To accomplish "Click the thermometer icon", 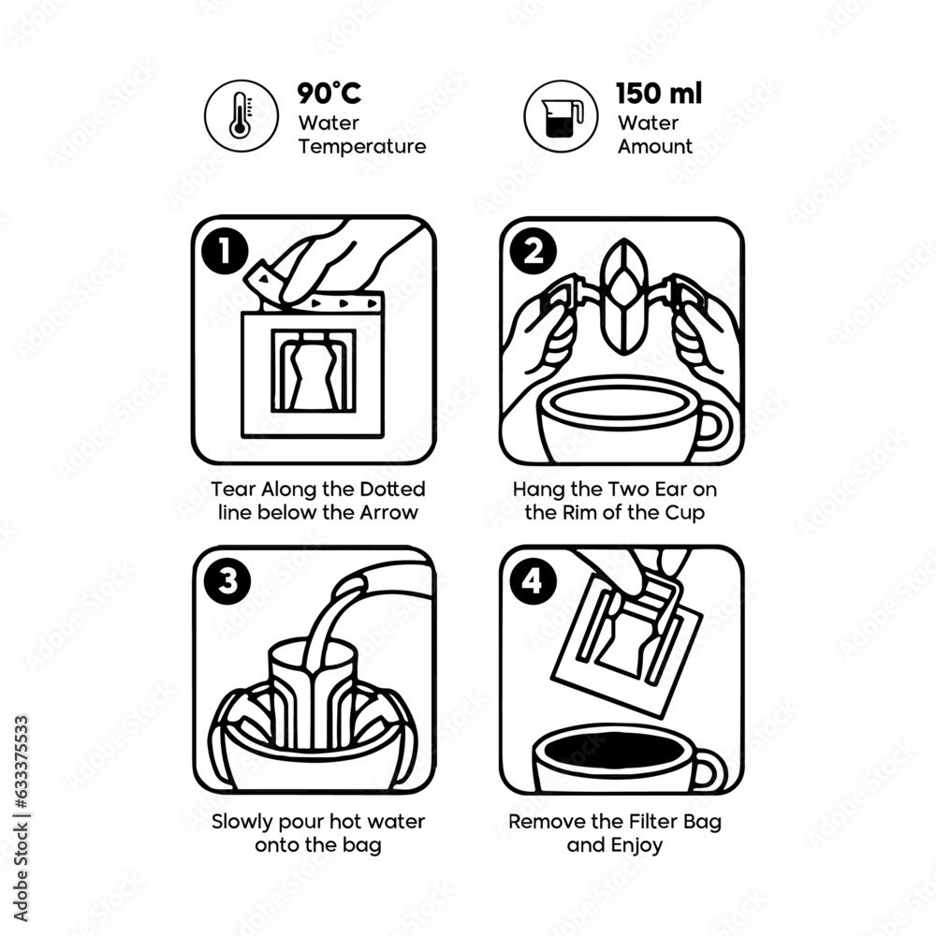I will coord(241,115).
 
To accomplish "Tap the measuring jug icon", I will coord(561,115).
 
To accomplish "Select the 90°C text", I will coord(329,94).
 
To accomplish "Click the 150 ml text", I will coord(659,94).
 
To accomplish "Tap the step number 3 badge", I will coord(225,581).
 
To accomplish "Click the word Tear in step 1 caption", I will coord(230,490).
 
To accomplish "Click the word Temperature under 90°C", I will coord(361,147).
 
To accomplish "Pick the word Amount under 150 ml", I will coord(655,147).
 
